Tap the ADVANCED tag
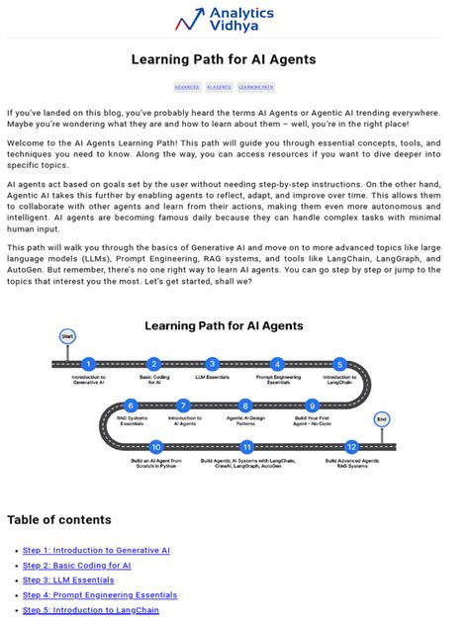(187, 87)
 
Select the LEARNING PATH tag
(255, 87)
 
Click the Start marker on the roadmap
(67, 337)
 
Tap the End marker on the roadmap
(382, 419)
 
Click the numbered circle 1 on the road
(88, 364)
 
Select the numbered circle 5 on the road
(339, 364)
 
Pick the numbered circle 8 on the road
(245, 405)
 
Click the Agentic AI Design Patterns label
(245, 421)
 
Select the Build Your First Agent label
(313, 421)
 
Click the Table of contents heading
(59, 520)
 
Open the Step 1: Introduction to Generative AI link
(96, 550)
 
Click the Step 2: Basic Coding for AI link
(77, 565)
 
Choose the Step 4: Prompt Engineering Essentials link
(100, 595)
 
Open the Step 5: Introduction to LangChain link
(91, 610)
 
